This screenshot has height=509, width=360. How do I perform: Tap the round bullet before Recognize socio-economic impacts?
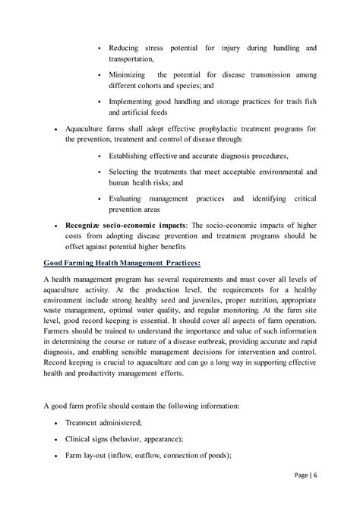(57, 227)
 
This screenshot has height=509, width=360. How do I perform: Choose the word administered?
(125, 423)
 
